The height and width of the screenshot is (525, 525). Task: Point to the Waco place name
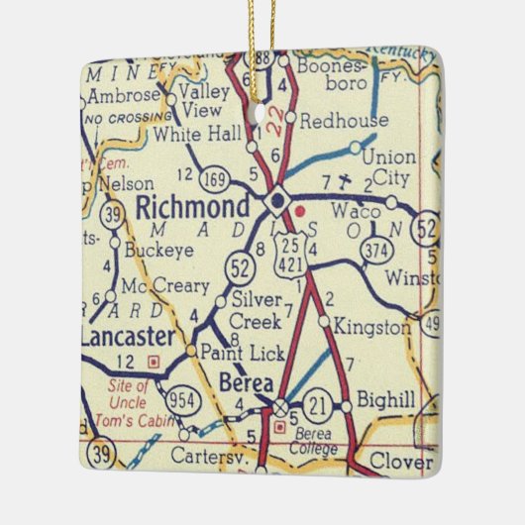pyautogui.click(x=351, y=212)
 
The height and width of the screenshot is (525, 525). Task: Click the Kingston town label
pyautogui.click(x=371, y=326)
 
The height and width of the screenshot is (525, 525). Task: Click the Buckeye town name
pyautogui.click(x=157, y=252)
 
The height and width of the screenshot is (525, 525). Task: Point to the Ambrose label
pyautogui.click(x=123, y=96)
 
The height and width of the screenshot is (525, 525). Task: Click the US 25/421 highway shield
pyautogui.click(x=291, y=251)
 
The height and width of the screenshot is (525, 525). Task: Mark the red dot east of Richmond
pyautogui.click(x=301, y=209)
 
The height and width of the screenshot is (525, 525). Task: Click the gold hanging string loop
pyautogui.click(x=262, y=30)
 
